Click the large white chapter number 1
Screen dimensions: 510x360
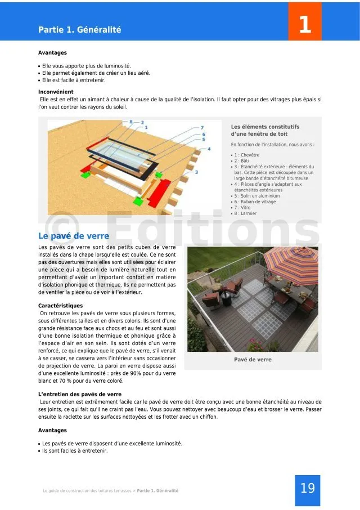click(304, 24)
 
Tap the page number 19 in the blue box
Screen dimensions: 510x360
click(307, 488)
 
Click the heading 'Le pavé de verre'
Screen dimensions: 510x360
click(74, 236)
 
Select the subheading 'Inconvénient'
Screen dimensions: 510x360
click(56, 92)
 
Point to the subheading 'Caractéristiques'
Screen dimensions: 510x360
click(60, 306)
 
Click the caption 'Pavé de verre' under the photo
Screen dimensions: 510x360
click(253, 359)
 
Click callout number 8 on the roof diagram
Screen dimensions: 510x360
click(131, 122)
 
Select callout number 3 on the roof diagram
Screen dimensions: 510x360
click(196, 172)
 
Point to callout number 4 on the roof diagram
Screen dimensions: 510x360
click(209, 149)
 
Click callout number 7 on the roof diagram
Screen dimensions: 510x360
click(202, 128)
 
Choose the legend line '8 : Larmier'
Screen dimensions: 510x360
click(245, 213)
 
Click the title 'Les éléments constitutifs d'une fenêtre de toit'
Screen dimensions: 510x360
click(265, 130)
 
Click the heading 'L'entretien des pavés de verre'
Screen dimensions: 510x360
click(79, 394)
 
